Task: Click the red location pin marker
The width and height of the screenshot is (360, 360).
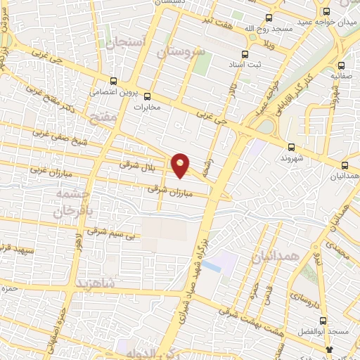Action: click(181, 165)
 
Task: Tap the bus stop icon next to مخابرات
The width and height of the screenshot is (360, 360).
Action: click(147, 96)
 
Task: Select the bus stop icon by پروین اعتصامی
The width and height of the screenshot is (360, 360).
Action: click(114, 80)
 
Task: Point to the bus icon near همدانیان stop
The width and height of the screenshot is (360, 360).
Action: click(345, 165)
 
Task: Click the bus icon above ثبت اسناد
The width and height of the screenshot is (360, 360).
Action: click(245, 54)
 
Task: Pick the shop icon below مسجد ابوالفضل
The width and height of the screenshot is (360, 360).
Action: click(329, 348)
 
